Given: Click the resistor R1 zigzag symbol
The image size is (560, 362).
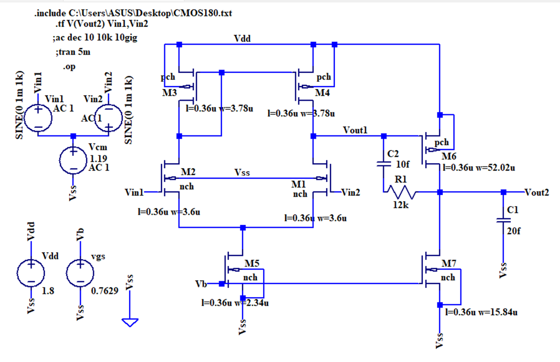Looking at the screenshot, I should (400, 193).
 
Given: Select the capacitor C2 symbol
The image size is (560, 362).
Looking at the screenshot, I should (384, 163).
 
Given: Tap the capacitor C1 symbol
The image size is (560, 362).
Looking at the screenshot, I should (503, 220).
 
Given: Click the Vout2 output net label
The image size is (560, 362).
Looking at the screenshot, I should (537, 193).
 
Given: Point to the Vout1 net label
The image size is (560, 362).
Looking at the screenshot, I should (355, 131).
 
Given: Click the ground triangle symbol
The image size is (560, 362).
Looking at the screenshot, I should (130, 322).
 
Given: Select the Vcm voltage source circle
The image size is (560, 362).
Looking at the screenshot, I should (73, 160).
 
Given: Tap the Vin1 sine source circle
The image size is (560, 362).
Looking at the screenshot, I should (38, 117).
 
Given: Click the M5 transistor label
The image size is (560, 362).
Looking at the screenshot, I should (252, 264).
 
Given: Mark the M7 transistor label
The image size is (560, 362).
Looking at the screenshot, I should (449, 264).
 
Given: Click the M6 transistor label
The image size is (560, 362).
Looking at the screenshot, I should (449, 157).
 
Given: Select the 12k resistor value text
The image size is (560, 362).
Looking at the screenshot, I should (400, 205).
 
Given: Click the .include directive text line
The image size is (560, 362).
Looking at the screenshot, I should (133, 14).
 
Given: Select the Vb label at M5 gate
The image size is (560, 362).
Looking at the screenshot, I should (202, 283).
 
